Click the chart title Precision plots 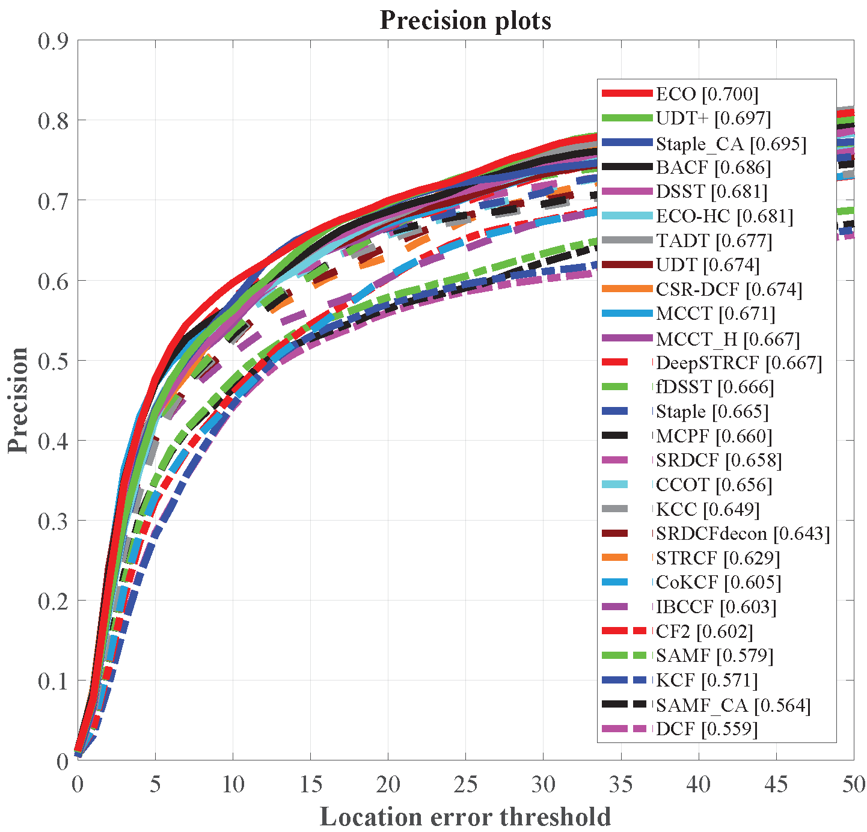[465, 21]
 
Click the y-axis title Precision [18, 400]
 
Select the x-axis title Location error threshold [465, 817]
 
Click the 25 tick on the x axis [465, 784]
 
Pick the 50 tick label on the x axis [853, 784]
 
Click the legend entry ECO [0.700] [707, 94]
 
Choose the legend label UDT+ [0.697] [713, 118]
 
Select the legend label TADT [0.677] [714, 241]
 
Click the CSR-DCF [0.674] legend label [729, 290]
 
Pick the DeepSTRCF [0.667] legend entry [739, 363]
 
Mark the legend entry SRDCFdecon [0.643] [743, 534]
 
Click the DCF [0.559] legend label [706, 729]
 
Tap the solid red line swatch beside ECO [627, 93]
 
